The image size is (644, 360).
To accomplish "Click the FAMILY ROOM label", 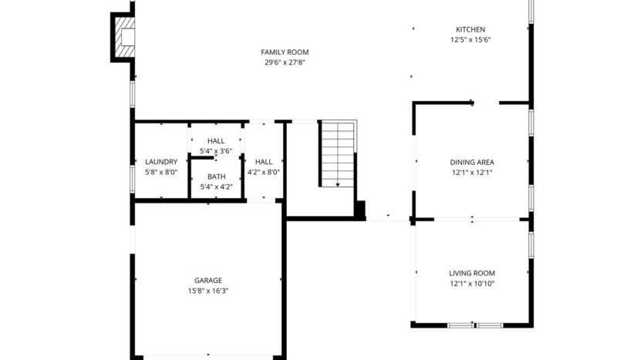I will [285, 52].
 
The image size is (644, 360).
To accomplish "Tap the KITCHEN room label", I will [470, 29].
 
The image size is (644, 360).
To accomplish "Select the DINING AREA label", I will [471, 162].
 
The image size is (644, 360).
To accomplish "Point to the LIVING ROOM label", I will [471, 273].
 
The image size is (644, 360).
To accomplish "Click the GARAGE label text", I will [208, 281].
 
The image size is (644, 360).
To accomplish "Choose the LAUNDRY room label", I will [161, 162].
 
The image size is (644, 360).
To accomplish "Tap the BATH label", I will [216, 177].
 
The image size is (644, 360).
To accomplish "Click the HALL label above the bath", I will [216, 141].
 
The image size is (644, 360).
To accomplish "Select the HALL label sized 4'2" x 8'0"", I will [264, 162].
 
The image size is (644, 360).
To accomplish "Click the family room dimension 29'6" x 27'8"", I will [285, 62].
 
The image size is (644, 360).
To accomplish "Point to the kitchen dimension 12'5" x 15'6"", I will [470, 39].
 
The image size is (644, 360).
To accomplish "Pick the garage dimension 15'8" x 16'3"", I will [208, 291].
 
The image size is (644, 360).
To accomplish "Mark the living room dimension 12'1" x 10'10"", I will [471, 283].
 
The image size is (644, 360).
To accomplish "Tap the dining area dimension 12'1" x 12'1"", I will [471, 172].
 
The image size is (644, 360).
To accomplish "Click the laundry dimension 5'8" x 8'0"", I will [161, 172].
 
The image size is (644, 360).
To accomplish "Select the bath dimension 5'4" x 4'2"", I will [216, 187].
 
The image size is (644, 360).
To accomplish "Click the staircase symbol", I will [338, 153].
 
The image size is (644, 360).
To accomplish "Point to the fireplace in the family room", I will [124, 36].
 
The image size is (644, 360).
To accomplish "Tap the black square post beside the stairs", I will [359, 210].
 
